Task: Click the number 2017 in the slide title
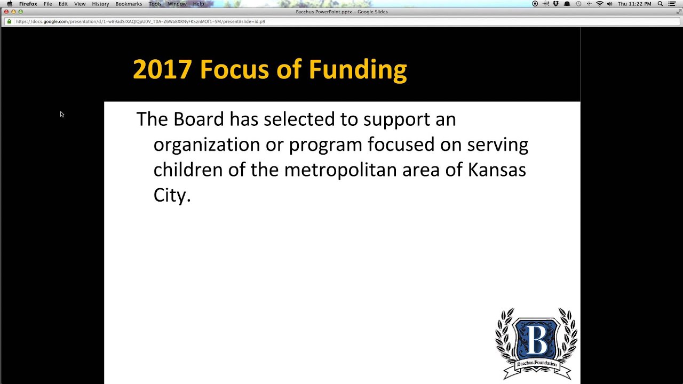pyautogui.click(x=162, y=70)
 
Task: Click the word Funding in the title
pyautogui.click(x=358, y=70)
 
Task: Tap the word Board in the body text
pyautogui.click(x=198, y=119)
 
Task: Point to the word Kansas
pyautogui.click(x=497, y=170)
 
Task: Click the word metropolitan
pyautogui.click(x=340, y=170)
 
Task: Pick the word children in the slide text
pyautogui.click(x=188, y=170)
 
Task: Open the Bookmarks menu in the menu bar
pyautogui.click(x=129, y=4)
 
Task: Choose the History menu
pyautogui.click(x=100, y=4)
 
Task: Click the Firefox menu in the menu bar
pyautogui.click(x=28, y=4)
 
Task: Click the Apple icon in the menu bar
pyautogui.click(x=9, y=4)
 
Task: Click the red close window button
pyautogui.click(x=6, y=12)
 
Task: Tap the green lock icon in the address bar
pyautogui.click(x=9, y=21)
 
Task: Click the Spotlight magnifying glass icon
pyautogui.click(x=660, y=4)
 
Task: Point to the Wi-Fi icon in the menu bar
pyautogui.click(x=599, y=4)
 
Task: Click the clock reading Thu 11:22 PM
pyautogui.click(x=634, y=4)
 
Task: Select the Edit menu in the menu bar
pyautogui.click(x=63, y=4)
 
